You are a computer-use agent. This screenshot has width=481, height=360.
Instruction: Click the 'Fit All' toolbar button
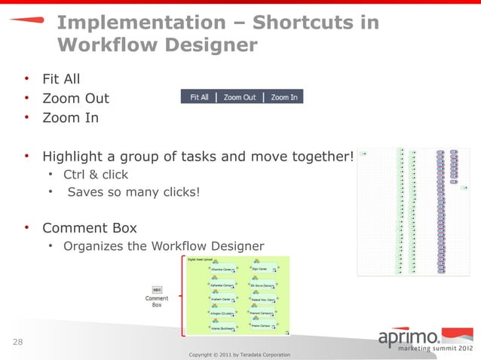tap(199, 97)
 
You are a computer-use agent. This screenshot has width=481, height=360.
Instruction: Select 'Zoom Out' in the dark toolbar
tap(239, 97)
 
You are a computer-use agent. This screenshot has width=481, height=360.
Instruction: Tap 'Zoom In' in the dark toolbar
tap(283, 97)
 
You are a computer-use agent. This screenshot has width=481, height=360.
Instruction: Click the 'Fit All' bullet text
tap(61, 78)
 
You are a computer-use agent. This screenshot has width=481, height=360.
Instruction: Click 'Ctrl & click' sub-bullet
tap(95, 175)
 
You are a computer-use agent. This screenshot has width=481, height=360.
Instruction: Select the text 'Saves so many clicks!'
tap(134, 192)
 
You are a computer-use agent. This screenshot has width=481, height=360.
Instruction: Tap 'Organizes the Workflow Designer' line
tap(164, 246)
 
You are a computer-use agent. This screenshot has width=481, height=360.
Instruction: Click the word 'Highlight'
tap(76, 157)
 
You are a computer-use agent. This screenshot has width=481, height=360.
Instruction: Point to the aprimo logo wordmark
tap(413, 336)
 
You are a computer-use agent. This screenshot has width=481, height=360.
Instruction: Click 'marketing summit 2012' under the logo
tap(427, 350)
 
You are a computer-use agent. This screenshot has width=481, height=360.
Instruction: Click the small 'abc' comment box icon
tap(157, 289)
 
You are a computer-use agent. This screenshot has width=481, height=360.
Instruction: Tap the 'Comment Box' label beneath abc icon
tap(157, 301)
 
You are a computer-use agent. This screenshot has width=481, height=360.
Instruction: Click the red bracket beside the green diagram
tap(181, 294)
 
